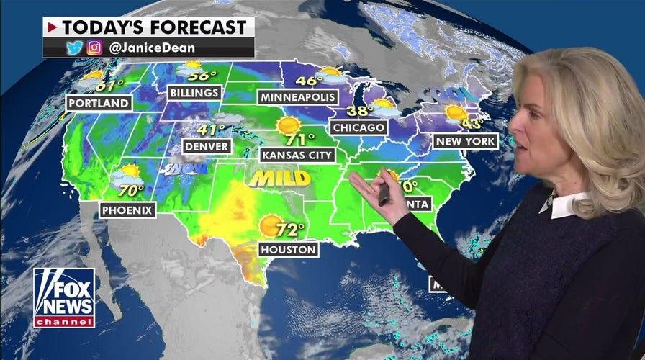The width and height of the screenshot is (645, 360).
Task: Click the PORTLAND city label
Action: pos(99,103)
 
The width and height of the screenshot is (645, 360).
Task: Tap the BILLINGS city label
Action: pos(194,93)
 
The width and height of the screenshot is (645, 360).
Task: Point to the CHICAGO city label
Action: pos(358,127)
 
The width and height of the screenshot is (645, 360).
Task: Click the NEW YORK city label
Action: pos(465,141)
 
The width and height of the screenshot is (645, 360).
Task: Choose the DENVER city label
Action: pos(206,147)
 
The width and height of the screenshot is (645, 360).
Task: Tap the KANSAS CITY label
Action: pos(297,154)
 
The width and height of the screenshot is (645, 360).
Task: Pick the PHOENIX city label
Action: pos(127,210)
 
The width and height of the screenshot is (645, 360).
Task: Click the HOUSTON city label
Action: pos(288,250)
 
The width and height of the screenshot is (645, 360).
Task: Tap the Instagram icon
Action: pos(94,48)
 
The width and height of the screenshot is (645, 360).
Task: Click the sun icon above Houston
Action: pos(271,226)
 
